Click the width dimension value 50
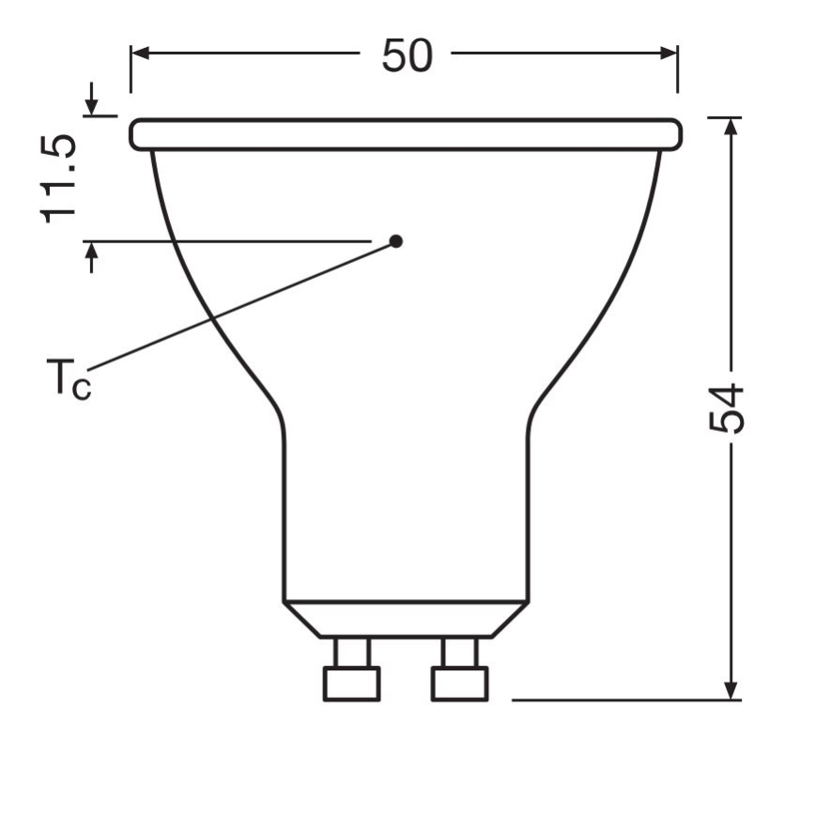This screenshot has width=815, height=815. click(x=407, y=55)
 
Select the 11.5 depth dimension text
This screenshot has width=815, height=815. click(x=59, y=178)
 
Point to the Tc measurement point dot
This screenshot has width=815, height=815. click(x=396, y=241)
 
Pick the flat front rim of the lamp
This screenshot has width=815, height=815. click(x=406, y=134)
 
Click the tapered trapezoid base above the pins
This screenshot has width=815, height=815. click(x=406, y=619)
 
